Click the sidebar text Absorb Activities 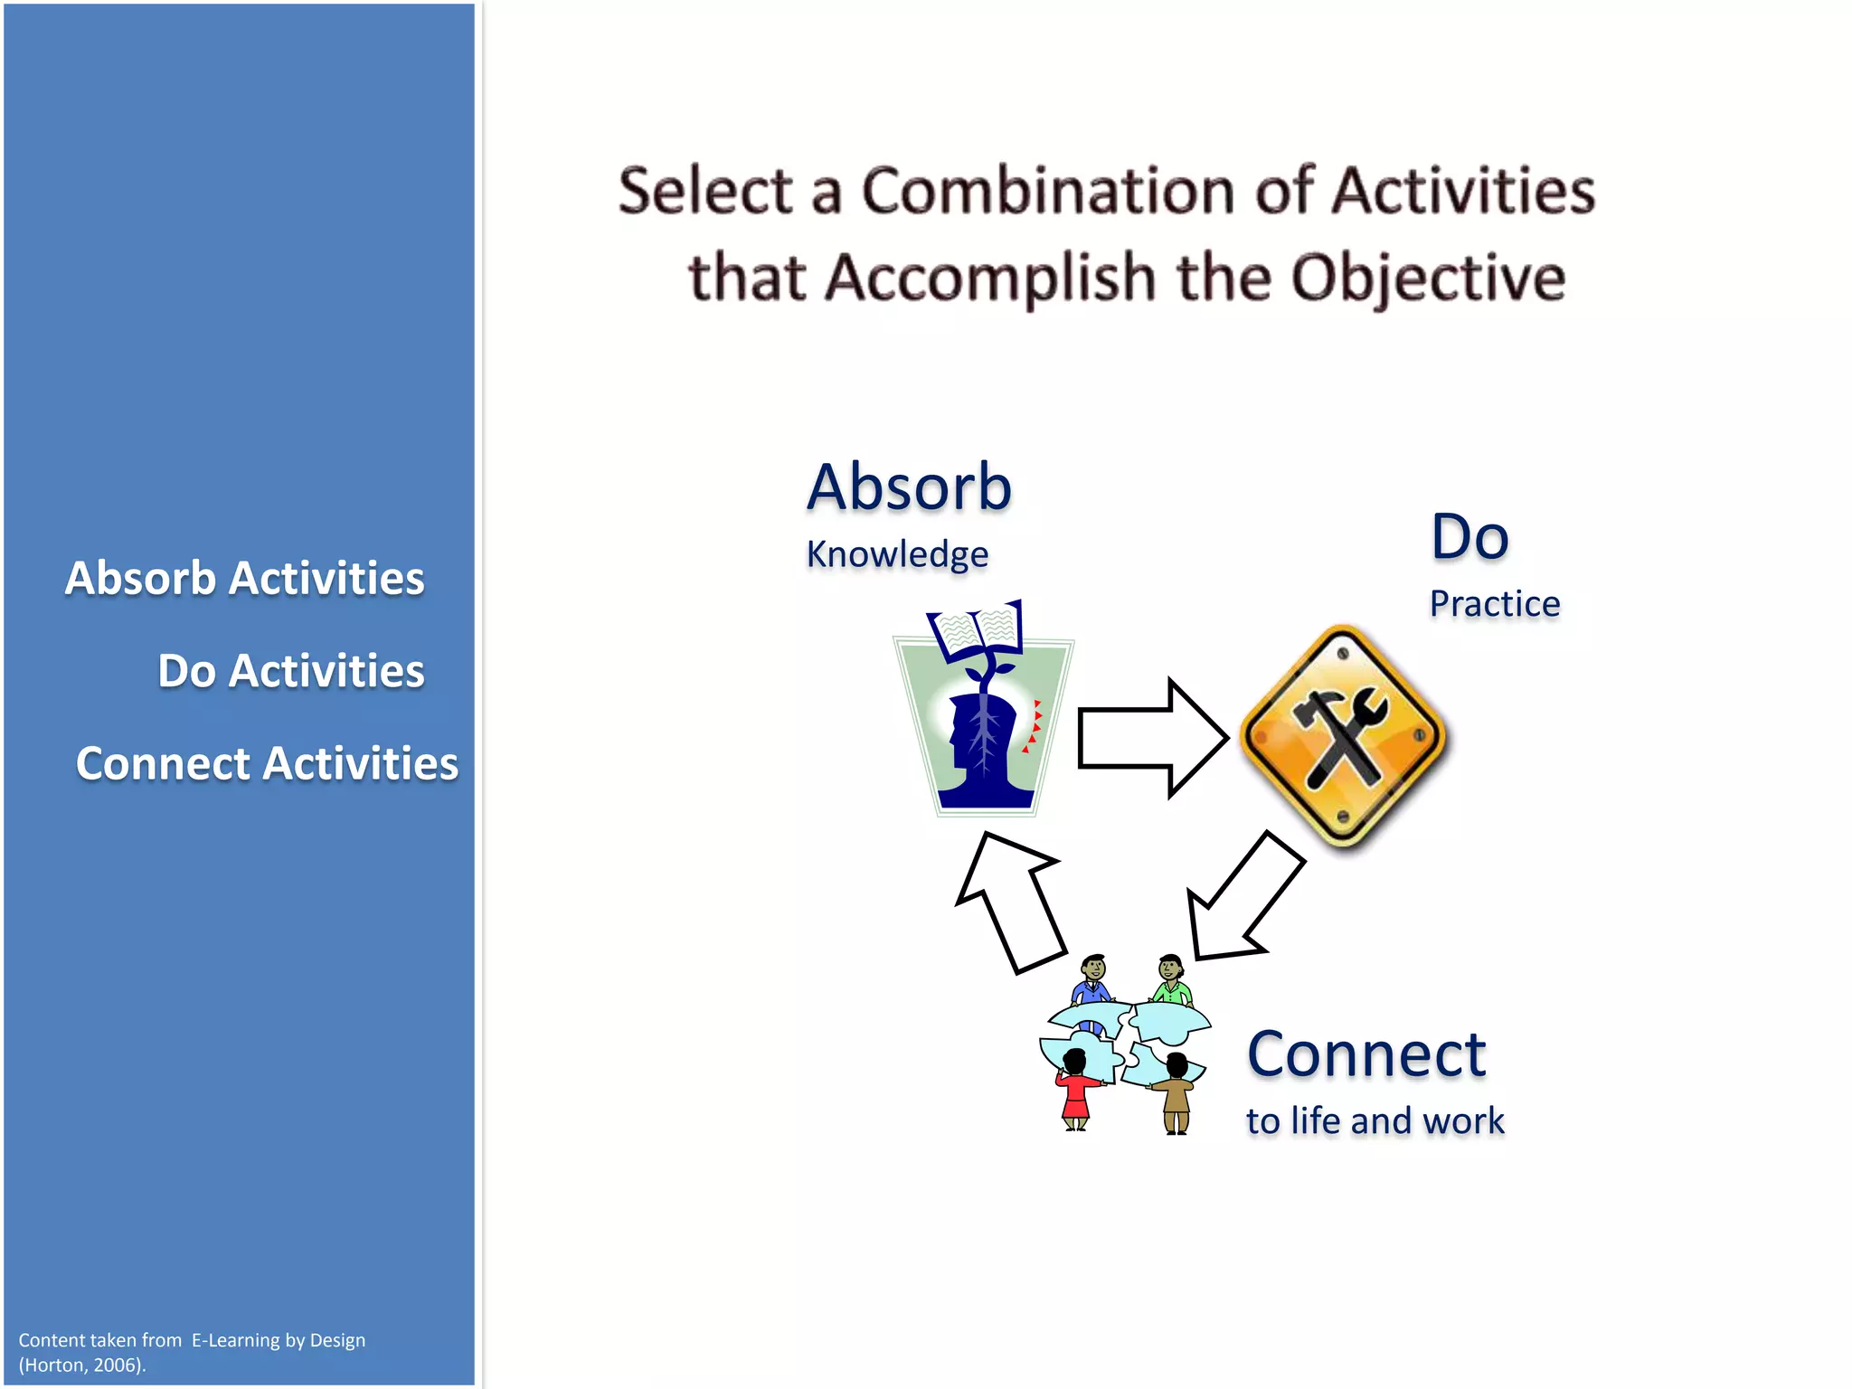[244, 578]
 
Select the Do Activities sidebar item [290, 671]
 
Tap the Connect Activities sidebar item [267, 763]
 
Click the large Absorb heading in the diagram [909, 487]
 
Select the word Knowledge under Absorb [897, 554]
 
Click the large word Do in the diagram [1469, 537]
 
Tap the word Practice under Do [1494, 604]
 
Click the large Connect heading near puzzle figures [1365, 1054]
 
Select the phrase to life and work [1375, 1121]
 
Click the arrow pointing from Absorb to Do [1150, 738]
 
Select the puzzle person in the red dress [1076, 1090]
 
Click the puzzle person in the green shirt [1172, 981]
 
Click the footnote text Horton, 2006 [82, 1365]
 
